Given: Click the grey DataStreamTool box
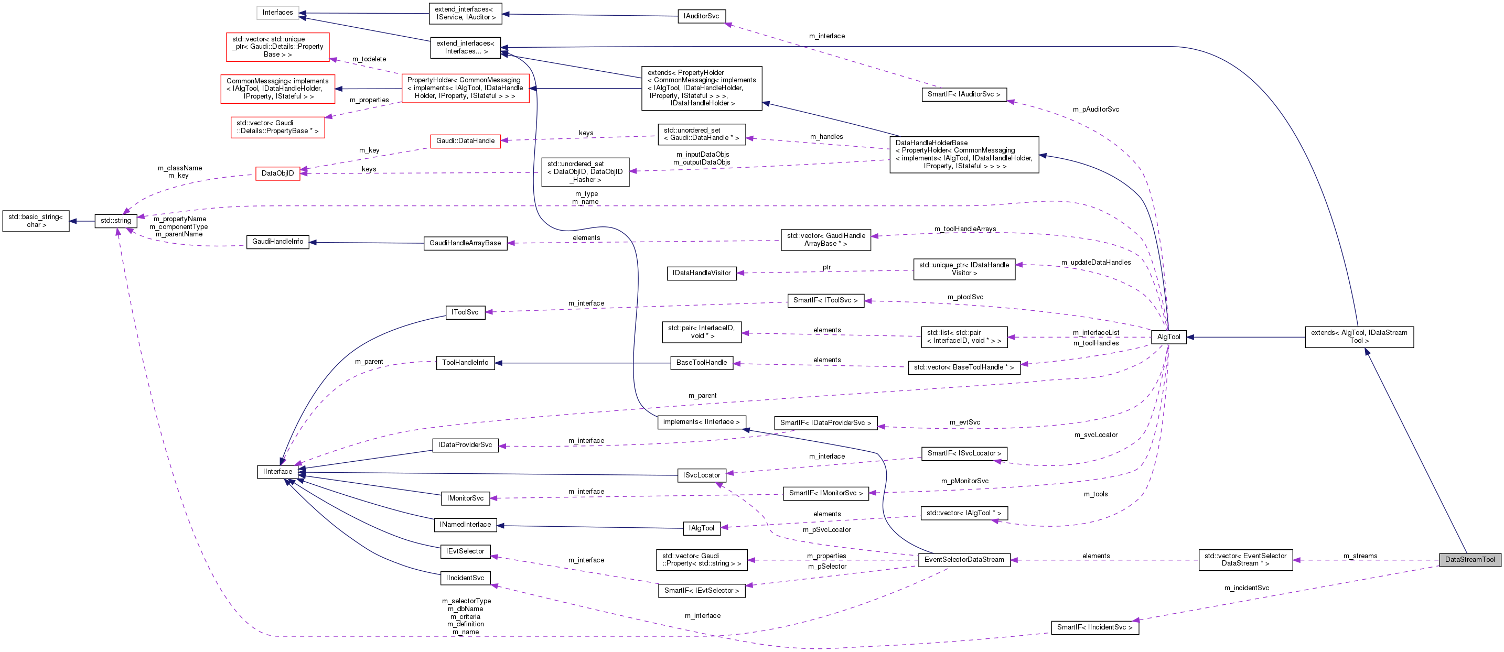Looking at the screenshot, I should coord(1469,559).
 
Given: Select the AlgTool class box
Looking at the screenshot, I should coord(1168,337).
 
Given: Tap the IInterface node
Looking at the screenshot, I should coord(277,472).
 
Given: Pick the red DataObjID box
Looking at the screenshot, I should coord(277,173).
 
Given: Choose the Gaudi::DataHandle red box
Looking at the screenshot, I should coord(465,140).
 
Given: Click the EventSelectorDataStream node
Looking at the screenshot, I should coord(963,559).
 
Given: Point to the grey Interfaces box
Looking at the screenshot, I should coord(277,12).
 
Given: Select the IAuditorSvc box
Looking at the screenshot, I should coord(701,16).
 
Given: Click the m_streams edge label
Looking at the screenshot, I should coord(1360,556).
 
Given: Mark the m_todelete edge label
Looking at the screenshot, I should coord(369,59).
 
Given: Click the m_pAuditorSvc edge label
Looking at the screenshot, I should coord(1095,109).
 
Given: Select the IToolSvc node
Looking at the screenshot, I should coord(465,312).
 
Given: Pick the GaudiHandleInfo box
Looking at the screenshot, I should coord(277,241).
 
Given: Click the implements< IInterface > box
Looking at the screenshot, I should coord(701,421).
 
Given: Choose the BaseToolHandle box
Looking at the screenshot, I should coord(701,363).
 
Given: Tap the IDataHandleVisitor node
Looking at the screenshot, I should coord(701,273).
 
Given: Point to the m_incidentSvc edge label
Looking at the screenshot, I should coord(1246,588).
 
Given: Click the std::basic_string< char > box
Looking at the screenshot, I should coord(36,221).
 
